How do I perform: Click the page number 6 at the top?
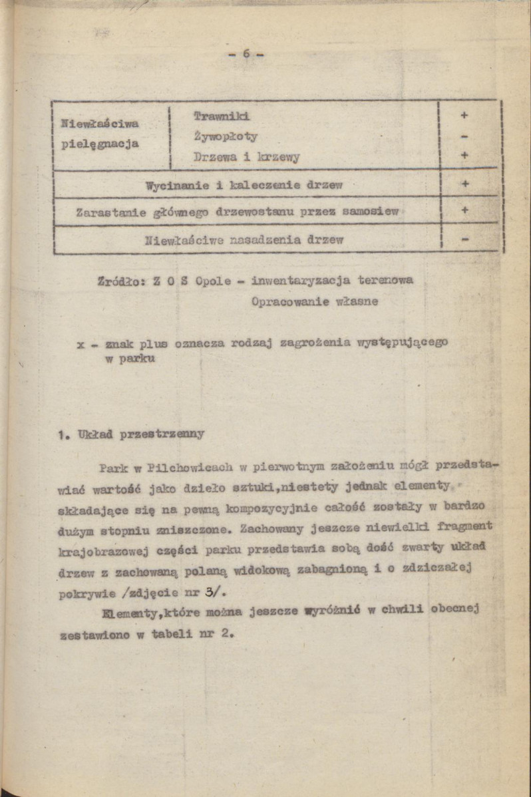tap(246, 55)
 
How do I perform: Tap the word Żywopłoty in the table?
tap(225, 136)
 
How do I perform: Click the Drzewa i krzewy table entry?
tap(246, 158)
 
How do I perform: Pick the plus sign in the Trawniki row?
tap(464, 115)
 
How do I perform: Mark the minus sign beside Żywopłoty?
tap(464, 136)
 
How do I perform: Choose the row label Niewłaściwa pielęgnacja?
tap(100, 133)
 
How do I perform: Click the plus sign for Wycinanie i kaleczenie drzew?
tap(464, 184)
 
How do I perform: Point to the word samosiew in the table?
tap(371, 212)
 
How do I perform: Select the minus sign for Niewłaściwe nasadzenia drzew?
tap(464, 239)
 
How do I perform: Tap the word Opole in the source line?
tap(213, 281)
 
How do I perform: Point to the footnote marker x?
tap(81, 344)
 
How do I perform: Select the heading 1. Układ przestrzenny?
tap(130, 434)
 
